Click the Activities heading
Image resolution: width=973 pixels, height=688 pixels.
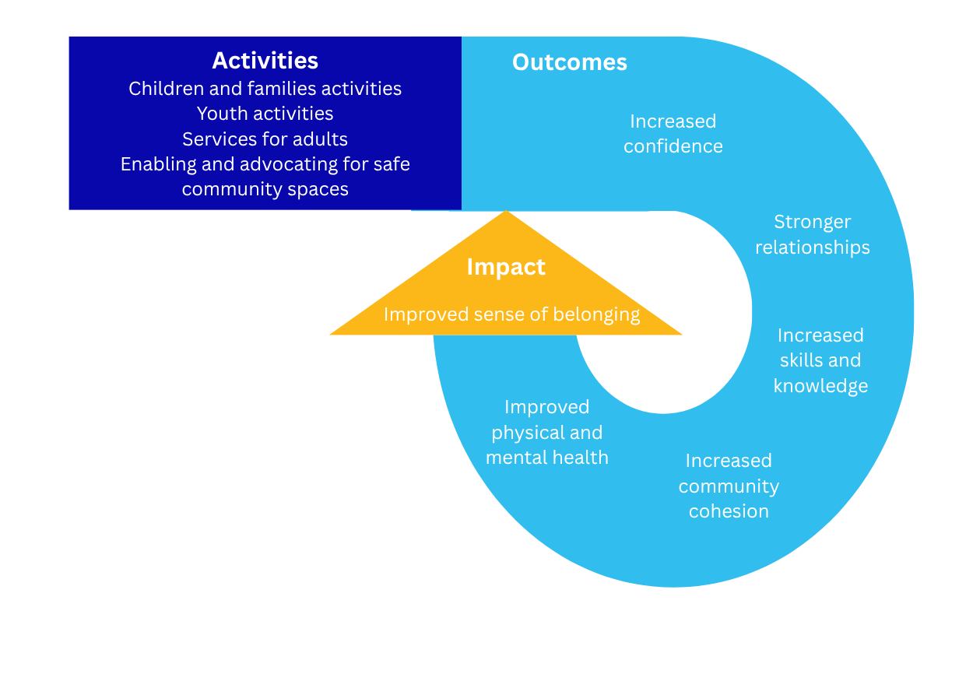click(x=265, y=61)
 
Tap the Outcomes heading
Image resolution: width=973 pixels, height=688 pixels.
click(x=570, y=62)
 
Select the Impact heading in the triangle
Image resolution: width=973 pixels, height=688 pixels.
click(x=506, y=267)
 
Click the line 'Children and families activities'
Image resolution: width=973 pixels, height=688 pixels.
click(x=265, y=89)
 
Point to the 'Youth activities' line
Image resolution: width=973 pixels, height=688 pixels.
click(x=265, y=114)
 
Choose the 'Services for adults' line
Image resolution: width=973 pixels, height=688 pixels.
click(x=265, y=139)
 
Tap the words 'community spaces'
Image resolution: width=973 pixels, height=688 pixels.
click(x=265, y=190)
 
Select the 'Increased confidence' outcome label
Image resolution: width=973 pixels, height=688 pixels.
click(x=673, y=134)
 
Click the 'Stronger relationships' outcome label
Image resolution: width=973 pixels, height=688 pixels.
click(x=813, y=234)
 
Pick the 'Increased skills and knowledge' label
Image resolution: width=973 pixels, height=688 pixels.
click(x=820, y=360)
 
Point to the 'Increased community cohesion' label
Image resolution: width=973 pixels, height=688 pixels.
click(x=729, y=486)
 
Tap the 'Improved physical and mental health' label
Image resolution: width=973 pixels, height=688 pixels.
click(x=547, y=432)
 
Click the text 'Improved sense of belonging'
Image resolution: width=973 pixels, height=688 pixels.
click(x=511, y=314)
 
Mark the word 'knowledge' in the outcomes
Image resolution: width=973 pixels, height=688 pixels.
click(x=820, y=386)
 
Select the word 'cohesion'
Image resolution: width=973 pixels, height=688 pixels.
click(x=729, y=511)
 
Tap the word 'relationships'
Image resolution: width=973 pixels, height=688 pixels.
click(x=813, y=247)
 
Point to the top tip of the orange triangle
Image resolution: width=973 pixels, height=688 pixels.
click(x=506, y=211)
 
